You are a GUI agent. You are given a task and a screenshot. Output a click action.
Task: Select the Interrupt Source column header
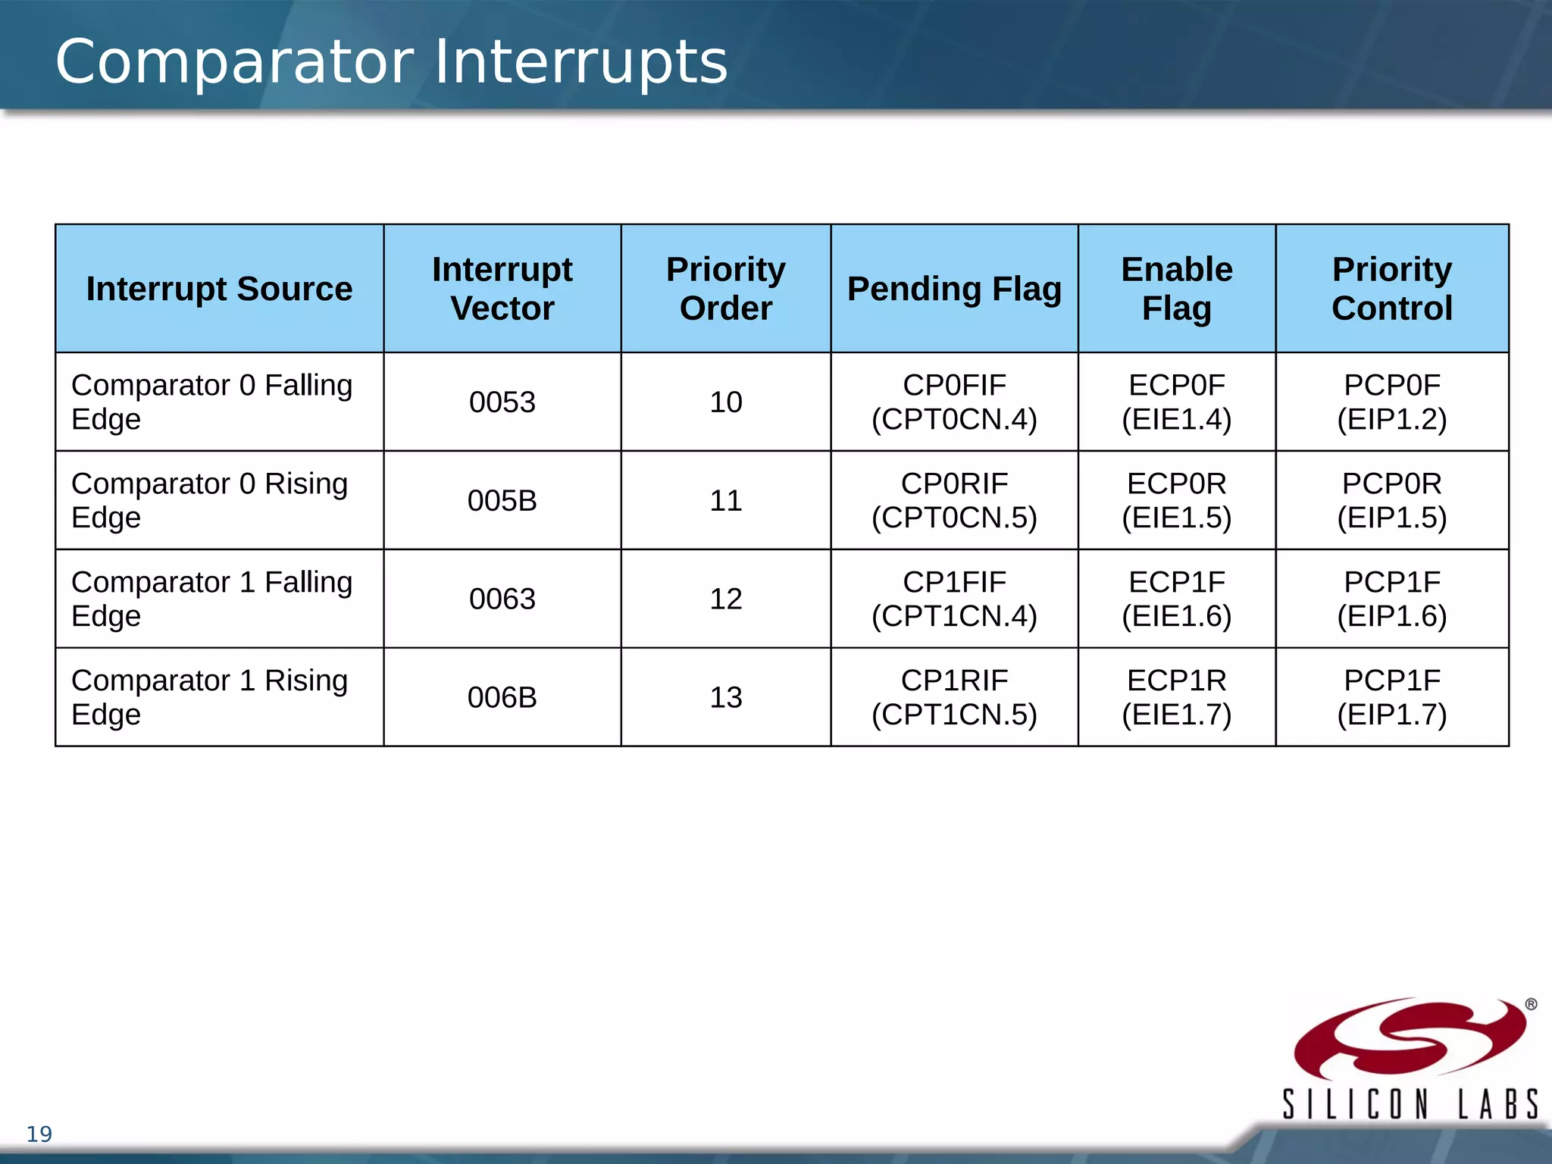[219, 289]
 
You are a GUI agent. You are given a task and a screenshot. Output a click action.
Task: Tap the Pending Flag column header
[954, 289]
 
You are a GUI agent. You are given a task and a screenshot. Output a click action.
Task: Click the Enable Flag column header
[1176, 289]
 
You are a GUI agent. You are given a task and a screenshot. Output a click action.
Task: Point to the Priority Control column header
[1391, 289]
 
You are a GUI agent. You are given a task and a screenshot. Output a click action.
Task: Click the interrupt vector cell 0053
[502, 402]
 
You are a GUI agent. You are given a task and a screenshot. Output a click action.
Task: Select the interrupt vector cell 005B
[502, 501]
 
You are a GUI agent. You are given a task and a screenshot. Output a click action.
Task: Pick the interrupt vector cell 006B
[502, 698]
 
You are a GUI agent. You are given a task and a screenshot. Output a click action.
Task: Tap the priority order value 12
[725, 599]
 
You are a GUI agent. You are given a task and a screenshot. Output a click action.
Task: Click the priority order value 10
[725, 402]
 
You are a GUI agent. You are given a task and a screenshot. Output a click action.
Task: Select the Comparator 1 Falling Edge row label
[211, 599]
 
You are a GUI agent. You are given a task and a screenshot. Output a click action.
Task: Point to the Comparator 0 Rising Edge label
[209, 500]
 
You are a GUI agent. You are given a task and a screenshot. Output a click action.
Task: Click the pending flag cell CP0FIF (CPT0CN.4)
[954, 402]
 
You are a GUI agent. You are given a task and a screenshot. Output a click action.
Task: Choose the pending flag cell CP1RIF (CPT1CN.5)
[954, 698]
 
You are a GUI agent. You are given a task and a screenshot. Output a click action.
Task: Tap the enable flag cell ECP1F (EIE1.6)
[1176, 599]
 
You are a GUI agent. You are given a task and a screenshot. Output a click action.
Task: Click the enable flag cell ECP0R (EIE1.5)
[1176, 501]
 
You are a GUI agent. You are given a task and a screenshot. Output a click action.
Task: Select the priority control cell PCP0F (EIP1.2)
[1391, 402]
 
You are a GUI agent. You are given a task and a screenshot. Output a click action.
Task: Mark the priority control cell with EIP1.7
[1391, 698]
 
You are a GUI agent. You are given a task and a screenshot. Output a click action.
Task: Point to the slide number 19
[39, 1134]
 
